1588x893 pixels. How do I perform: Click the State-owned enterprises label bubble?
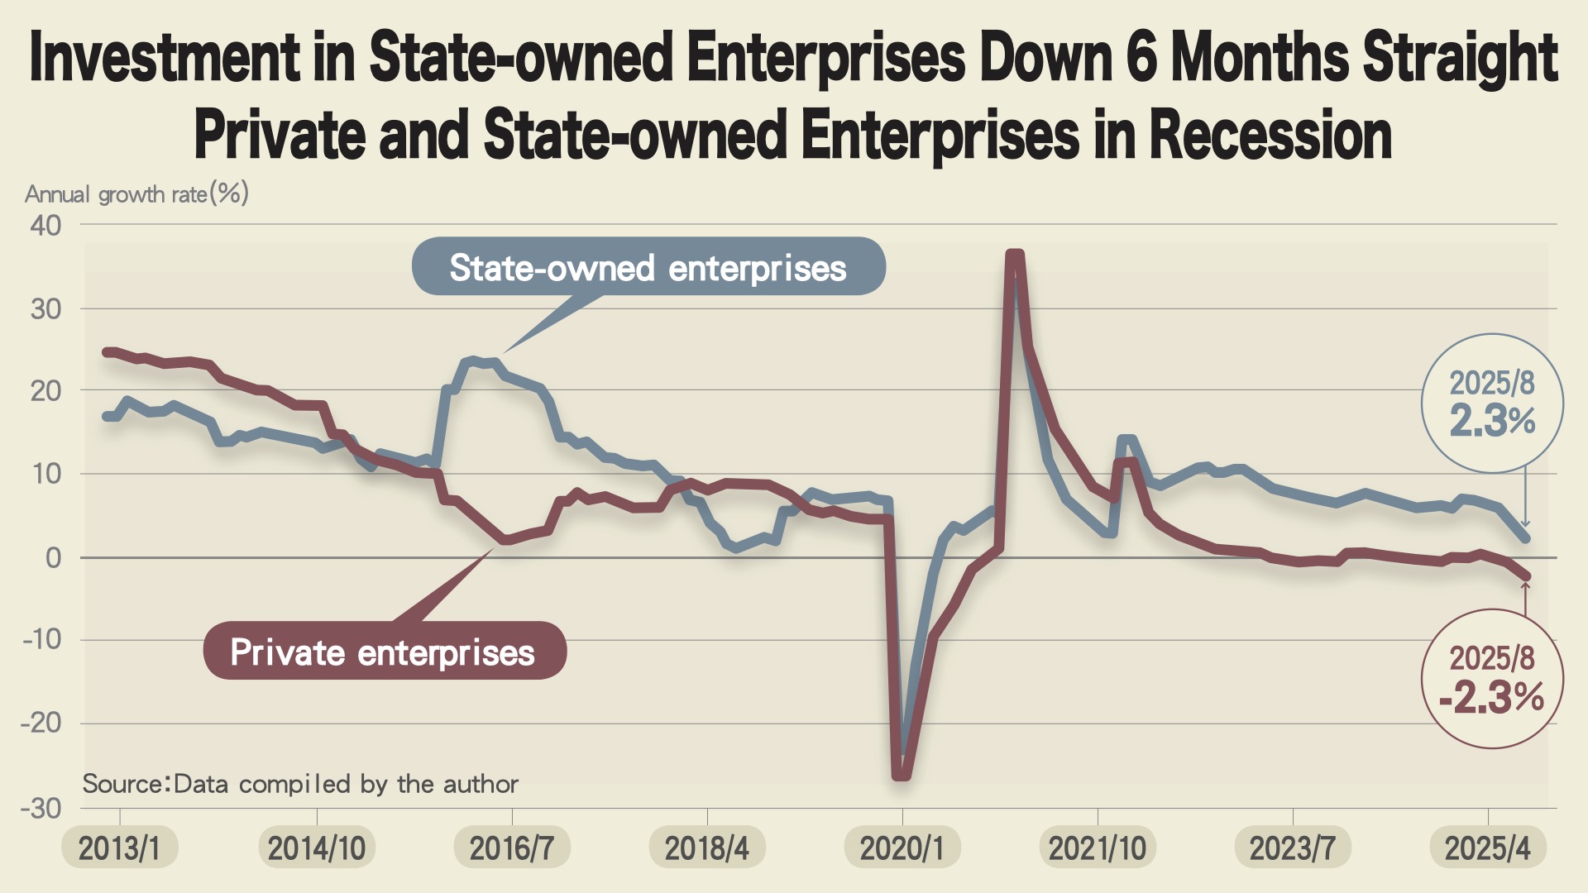pyautogui.click(x=648, y=267)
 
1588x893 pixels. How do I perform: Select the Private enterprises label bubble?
pyautogui.click(x=384, y=652)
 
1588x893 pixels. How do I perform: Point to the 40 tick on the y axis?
pyautogui.click(x=46, y=225)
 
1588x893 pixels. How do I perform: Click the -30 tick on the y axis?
pyautogui.click(x=41, y=808)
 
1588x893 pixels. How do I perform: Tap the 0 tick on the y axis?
pyautogui.click(x=53, y=558)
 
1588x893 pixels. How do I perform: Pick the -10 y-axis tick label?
pyautogui.click(x=41, y=639)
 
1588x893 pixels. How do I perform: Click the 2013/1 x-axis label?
pyautogui.click(x=119, y=848)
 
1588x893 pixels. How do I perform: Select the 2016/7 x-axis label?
pyautogui.click(x=512, y=848)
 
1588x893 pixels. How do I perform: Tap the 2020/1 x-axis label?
pyautogui.click(x=902, y=848)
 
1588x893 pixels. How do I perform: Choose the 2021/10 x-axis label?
pyautogui.click(x=1098, y=848)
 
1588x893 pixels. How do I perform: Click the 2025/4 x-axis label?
pyautogui.click(x=1488, y=848)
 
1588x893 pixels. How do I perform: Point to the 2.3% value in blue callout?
pyautogui.click(x=1493, y=421)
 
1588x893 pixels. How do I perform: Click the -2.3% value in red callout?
pyautogui.click(x=1492, y=697)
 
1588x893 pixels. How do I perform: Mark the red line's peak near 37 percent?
pyautogui.click(x=1015, y=255)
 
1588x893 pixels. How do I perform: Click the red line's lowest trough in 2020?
pyautogui.click(x=902, y=775)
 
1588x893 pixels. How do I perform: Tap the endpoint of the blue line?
pyautogui.click(x=1526, y=538)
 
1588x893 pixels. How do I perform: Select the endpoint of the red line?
pyautogui.click(x=1526, y=576)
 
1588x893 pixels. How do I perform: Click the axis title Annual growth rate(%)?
pyautogui.click(x=136, y=194)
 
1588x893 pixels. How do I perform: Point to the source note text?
pyautogui.click(x=300, y=783)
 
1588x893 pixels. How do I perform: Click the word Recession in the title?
pyautogui.click(x=1270, y=135)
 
